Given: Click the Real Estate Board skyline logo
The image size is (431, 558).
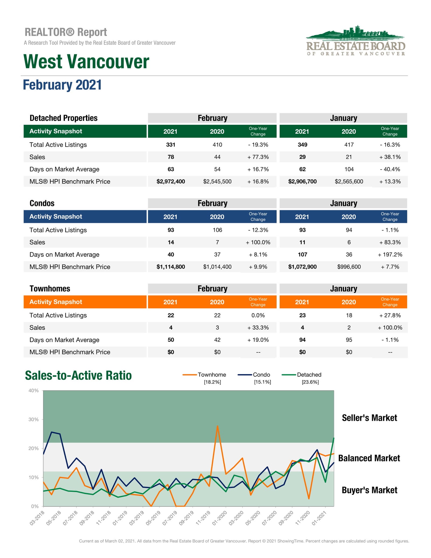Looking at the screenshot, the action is click(356, 40).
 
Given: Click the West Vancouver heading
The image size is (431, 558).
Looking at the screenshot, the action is click(86, 61).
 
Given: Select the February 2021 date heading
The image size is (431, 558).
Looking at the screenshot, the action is click(62, 85).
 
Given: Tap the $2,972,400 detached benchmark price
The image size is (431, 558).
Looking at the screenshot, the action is click(171, 181).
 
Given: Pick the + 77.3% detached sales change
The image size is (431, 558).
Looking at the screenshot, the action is click(258, 157).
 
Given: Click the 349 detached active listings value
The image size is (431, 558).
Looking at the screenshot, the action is click(303, 145).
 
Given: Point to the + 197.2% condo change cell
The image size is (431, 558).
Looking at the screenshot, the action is click(390, 254).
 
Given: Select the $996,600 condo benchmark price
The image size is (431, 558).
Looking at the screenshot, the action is click(349, 267).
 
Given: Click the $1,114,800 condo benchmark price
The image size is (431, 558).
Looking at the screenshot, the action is click(171, 267).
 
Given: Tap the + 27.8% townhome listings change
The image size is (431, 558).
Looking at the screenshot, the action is click(390, 315).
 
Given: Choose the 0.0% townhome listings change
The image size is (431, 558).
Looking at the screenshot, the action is click(258, 315).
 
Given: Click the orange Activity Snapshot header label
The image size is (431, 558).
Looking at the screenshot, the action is click(56, 302).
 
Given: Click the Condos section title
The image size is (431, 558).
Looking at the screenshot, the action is click(42, 203).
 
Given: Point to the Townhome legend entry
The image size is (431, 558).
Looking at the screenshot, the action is click(204, 378).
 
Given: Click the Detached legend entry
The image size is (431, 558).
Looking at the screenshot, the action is click(302, 378).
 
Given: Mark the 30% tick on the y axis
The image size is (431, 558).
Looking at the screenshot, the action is click(34, 419).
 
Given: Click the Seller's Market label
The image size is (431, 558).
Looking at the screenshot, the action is click(370, 418).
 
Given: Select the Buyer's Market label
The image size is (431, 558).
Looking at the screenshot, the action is click(370, 490).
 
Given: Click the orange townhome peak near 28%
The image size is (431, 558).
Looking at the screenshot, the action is click(217, 426).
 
